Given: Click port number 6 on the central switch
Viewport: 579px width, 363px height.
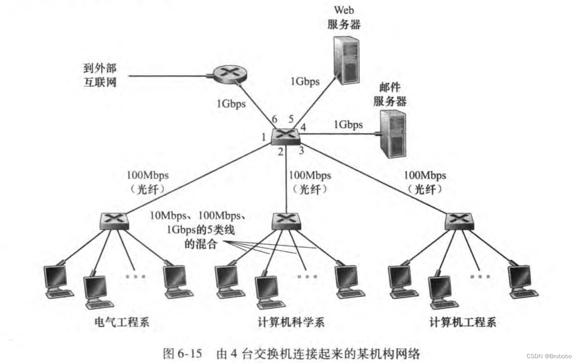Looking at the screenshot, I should [275, 119].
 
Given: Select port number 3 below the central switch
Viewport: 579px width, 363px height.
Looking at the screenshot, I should [301, 151].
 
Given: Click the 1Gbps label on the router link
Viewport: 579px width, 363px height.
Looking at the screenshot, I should [231, 103].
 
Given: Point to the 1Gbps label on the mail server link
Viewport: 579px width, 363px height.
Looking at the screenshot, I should [348, 125].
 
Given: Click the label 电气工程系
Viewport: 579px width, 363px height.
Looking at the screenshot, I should [122, 322].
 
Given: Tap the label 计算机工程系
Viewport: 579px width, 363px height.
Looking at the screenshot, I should [462, 322].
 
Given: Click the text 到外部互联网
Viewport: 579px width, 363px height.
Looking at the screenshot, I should [99, 75].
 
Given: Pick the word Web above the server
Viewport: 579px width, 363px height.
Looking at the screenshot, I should [344, 10].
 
